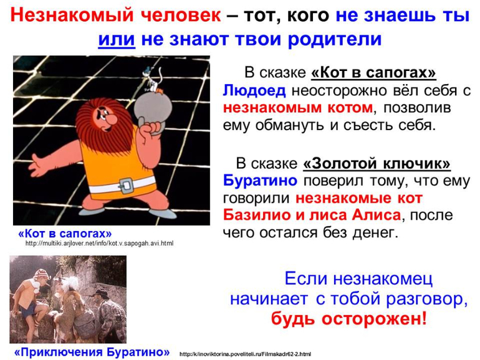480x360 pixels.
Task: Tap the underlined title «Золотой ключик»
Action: tap(377, 164)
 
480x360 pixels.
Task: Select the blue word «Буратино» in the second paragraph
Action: tap(259, 181)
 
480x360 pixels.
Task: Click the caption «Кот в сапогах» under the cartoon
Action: tap(65, 233)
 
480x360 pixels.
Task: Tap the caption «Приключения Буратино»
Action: tap(92, 352)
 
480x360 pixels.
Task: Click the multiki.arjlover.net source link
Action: tap(99, 244)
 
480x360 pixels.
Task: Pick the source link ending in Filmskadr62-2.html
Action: tap(245, 354)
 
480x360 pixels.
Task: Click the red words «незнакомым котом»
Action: tap(299, 108)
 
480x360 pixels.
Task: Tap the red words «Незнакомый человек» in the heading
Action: tap(116, 15)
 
